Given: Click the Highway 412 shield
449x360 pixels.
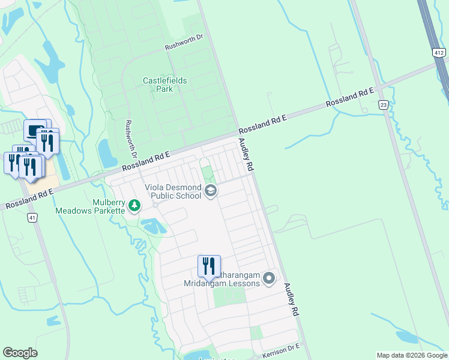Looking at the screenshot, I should pos(439,53).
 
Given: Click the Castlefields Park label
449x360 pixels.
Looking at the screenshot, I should pos(164,85).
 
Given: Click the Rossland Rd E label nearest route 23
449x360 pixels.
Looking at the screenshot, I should pos(350,97).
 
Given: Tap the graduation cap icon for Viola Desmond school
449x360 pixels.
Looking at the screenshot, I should pos(210,191).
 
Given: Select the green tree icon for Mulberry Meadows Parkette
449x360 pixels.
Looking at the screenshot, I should pos(135,206).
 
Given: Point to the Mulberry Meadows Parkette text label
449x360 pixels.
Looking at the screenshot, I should pos(90,206).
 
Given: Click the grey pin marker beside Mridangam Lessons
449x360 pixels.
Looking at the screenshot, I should pos(269,278).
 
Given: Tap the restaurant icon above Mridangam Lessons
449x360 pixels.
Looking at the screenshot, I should pos(209,266).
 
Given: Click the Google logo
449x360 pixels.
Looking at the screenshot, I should pos(20,353).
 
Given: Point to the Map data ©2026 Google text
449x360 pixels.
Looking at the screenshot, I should pos(412,355).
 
